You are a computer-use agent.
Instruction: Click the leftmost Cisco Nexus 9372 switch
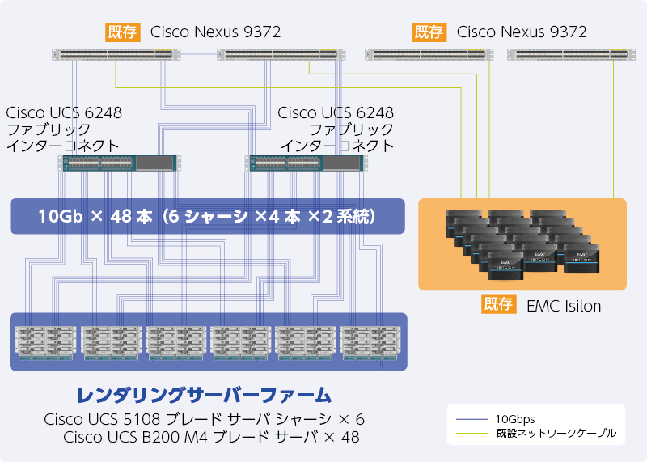click(x=116, y=55)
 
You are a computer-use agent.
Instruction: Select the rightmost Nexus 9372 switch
click(x=568, y=55)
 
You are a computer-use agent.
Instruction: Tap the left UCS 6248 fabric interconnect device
click(x=119, y=163)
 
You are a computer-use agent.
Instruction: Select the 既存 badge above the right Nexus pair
click(x=429, y=32)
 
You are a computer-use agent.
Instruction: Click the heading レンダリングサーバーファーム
click(x=204, y=396)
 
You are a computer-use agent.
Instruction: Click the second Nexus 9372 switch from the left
click(x=277, y=55)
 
